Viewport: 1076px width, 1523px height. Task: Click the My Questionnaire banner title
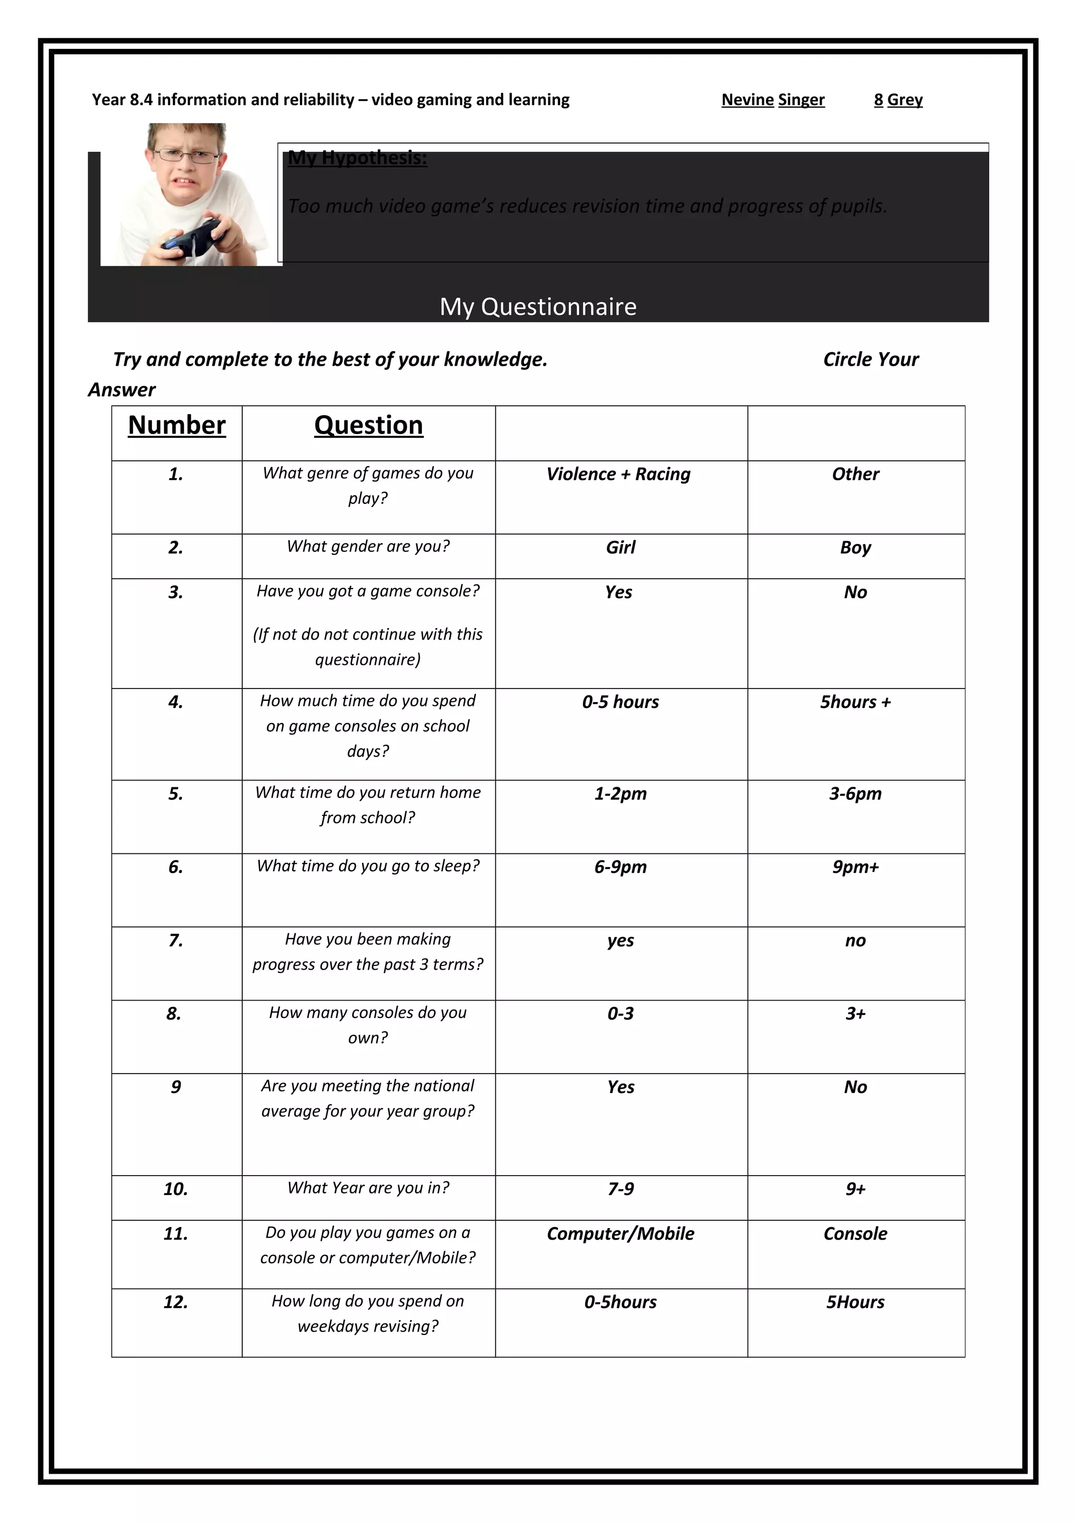[x=537, y=306]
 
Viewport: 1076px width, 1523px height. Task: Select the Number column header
[x=177, y=425]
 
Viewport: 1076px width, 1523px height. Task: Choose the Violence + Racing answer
[x=618, y=474]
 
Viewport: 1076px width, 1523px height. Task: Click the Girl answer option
[x=620, y=547]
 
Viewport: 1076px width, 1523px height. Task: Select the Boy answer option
[x=855, y=547]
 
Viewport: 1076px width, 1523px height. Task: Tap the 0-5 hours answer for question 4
[x=620, y=702]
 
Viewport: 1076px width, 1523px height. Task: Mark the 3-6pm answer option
[x=855, y=794]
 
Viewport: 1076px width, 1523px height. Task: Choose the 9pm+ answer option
[x=855, y=867]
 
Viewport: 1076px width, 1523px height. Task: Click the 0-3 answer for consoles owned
[x=620, y=1014]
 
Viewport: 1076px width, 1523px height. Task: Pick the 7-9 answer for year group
[x=620, y=1189]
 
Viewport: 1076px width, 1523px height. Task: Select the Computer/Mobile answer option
[x=620, y=1234]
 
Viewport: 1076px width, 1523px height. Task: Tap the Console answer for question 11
[x=855, y=1234]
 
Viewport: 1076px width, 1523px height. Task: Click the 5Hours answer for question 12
[x=855, y=1302]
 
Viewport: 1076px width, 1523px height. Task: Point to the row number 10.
[x=175, y=1189]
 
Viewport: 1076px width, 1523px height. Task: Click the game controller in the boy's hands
[x=192, y=238]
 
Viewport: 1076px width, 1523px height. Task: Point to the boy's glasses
[x=185, y=157]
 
